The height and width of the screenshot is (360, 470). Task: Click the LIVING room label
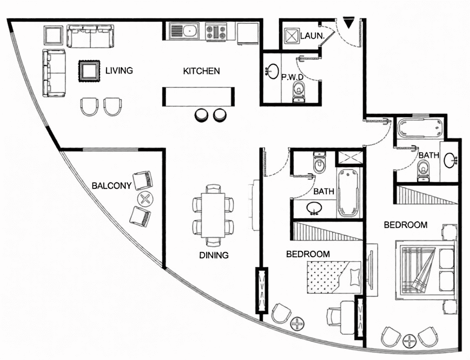click(x=119, y=71)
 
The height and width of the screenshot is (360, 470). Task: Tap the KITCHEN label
click(x=201, y=71)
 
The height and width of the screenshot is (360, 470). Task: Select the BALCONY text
click(x=112, y=186)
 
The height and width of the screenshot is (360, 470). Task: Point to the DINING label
click(x=214, y=255)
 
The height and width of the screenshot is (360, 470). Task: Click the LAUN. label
click(x=312, y=36)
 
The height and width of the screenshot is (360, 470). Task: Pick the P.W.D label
click(x=292, y=77)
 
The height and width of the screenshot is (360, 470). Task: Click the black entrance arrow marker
click(x=348, y=24)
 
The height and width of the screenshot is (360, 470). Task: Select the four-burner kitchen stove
click(x=216, y=32)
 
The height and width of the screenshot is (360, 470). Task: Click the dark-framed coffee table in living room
click(x=89, y=71)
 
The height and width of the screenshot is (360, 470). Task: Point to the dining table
click(x=213, y=215)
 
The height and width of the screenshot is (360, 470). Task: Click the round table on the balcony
click(x=145, y=199)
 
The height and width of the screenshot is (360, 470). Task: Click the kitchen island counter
click(x=198, y=96)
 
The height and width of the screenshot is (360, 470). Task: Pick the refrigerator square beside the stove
click(x=247, y=34)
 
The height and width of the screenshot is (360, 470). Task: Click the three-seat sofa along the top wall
click(x=90, y=36)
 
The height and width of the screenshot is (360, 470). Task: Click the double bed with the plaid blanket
click(x=425, y=270)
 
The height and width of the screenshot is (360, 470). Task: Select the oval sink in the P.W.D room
click(x=273, y=71)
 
